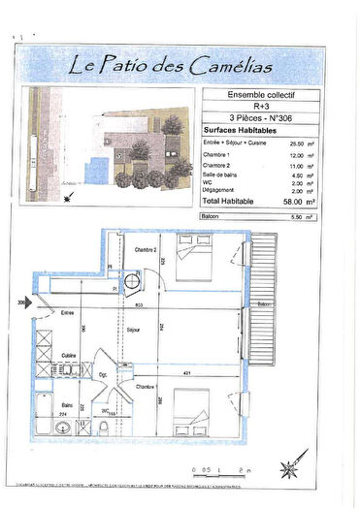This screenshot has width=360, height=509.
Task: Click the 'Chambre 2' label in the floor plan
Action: tap(146, 250)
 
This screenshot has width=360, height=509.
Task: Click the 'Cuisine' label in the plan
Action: tap(70, 356)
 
